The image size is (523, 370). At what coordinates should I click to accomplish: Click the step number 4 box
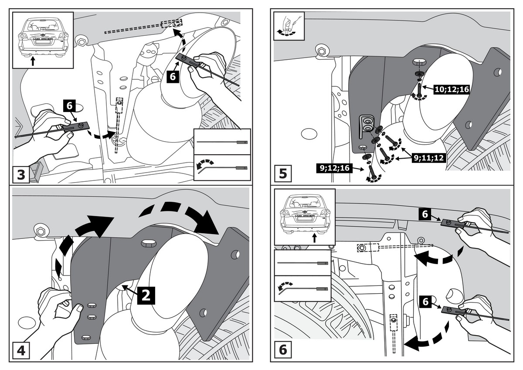21,351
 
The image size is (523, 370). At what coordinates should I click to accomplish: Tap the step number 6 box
283,351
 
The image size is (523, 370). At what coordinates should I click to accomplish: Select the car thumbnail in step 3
43,38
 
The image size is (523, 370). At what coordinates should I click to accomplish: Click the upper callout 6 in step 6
426,214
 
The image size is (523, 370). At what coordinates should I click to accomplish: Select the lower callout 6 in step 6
426,301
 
